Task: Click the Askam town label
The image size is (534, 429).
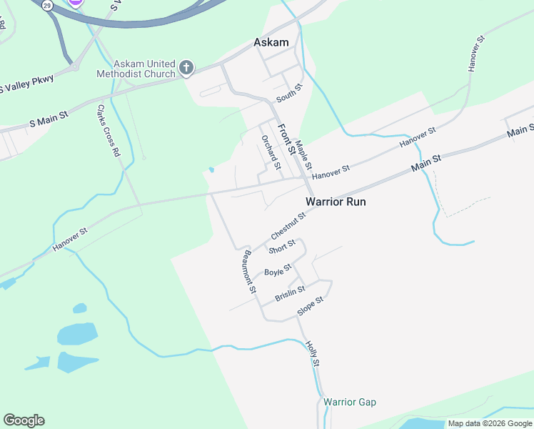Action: pos(271,43)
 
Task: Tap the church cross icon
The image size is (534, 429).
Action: pos(186,69)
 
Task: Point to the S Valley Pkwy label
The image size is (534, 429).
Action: pos(26,84)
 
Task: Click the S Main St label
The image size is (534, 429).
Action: pos(49,119)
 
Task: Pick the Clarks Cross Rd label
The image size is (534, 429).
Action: pos(106,131)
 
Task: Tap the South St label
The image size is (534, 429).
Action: pos(290,92)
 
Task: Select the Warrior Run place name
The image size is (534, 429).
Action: pos(336,202)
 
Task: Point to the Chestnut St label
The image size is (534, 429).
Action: pos(288,225)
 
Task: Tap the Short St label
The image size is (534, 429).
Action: pos(281,247)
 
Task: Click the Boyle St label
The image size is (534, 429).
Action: pos(278,271)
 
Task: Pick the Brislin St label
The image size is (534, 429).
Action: pos(290,293)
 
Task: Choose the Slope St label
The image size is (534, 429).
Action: pos(311,306)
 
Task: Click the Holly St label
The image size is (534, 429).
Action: pos(312,355)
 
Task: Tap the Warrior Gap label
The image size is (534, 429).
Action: pos(349,403)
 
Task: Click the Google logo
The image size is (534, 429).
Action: pos(24,420)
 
